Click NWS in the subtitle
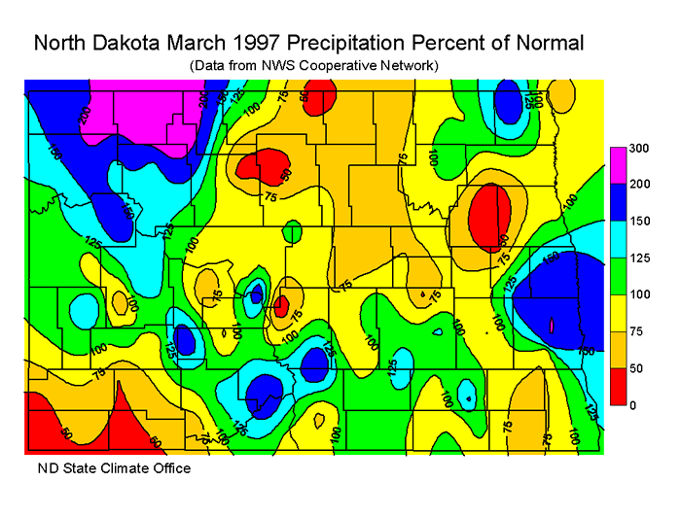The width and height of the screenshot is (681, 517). [287, 65]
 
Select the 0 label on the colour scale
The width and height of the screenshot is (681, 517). [632, 404]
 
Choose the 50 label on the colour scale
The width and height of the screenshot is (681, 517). [637, 367]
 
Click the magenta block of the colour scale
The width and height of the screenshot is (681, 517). [617, 166]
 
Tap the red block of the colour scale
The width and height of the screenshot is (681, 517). [617, 386]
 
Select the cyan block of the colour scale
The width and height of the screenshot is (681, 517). [617, 239]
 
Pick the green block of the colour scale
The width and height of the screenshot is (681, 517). [617, 276]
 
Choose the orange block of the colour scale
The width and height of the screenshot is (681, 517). [617, 349]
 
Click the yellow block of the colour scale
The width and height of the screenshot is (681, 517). [617, 312]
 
